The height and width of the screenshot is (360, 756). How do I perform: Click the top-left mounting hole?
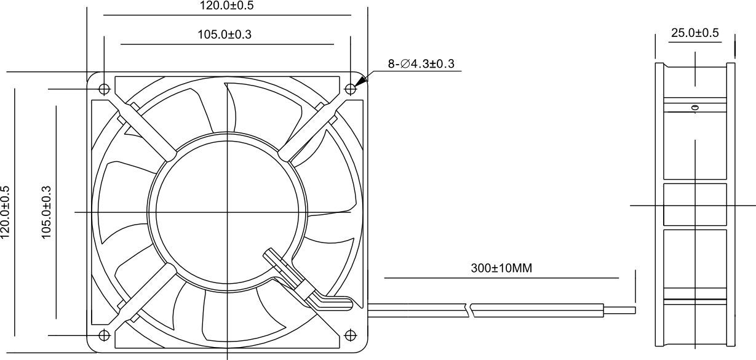pos(105,89)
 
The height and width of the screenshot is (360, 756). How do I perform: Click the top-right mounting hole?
pos(351,89)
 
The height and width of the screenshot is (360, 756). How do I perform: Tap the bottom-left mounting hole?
pos(105,335)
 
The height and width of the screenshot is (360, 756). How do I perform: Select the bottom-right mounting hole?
pos(351,335)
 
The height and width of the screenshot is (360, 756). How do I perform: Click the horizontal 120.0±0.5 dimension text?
pos(227,6)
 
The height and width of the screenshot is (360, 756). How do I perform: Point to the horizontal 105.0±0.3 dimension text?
pos(225,34)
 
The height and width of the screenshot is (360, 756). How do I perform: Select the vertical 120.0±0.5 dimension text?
pos(6,212)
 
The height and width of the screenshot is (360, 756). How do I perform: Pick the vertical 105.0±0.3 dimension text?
pos(46,212)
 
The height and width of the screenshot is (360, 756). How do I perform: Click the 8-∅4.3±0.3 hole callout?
pos(421,63)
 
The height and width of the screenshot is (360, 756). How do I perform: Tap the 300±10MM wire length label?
pos(501,268)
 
